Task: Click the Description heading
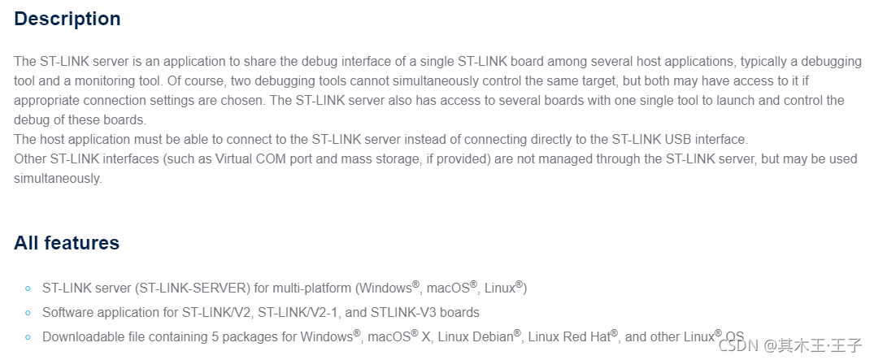coord(67,19)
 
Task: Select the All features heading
coord(67,243)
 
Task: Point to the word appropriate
coord(47,100)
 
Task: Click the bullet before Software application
coord(28,313)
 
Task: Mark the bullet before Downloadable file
coord(28,337)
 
